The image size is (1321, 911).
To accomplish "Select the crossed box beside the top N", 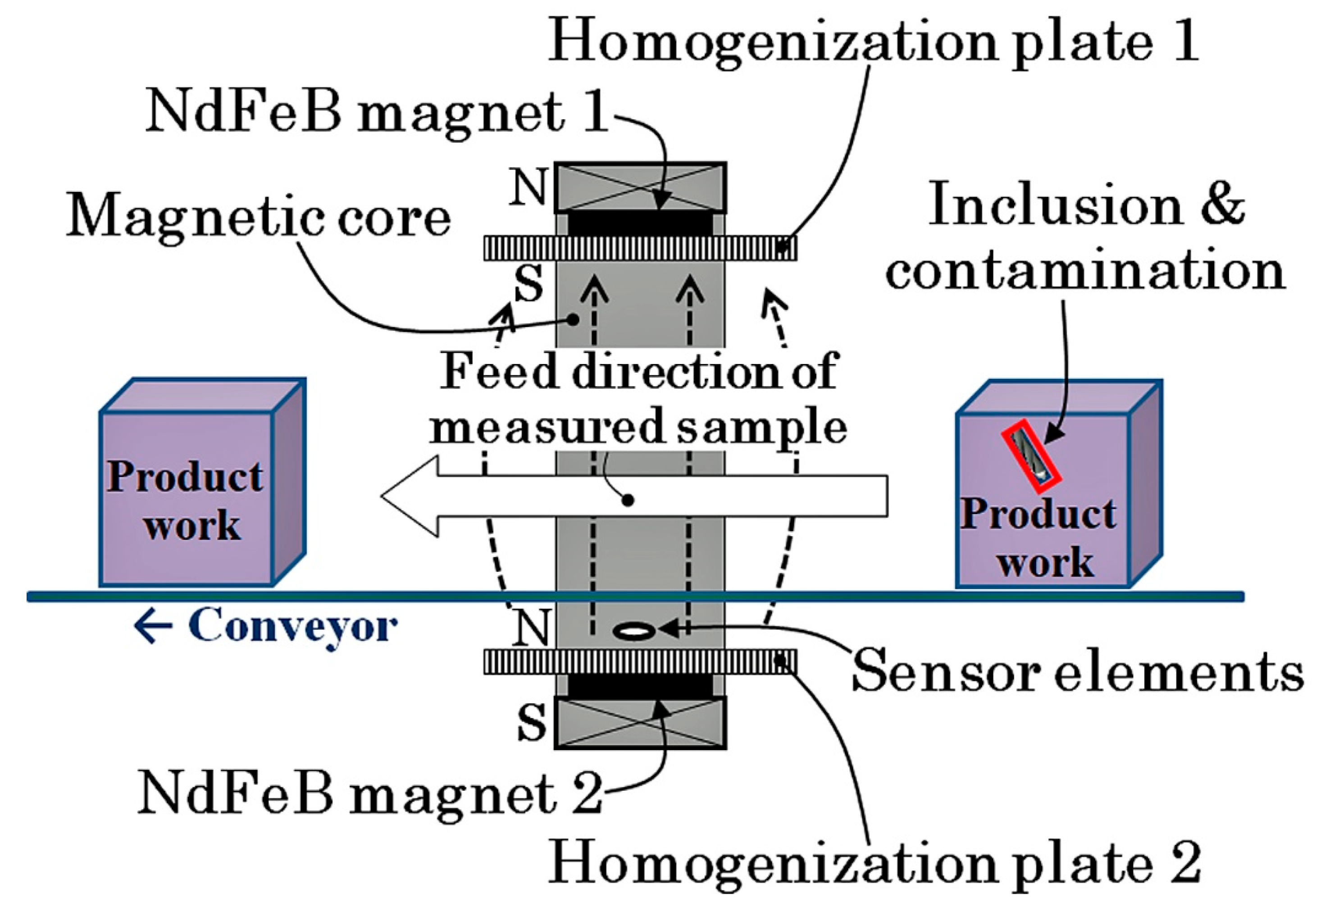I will click(640, 187).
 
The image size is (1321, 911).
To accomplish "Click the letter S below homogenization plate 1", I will click(528, 285).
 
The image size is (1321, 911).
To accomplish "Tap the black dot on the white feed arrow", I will click(628, 501).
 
